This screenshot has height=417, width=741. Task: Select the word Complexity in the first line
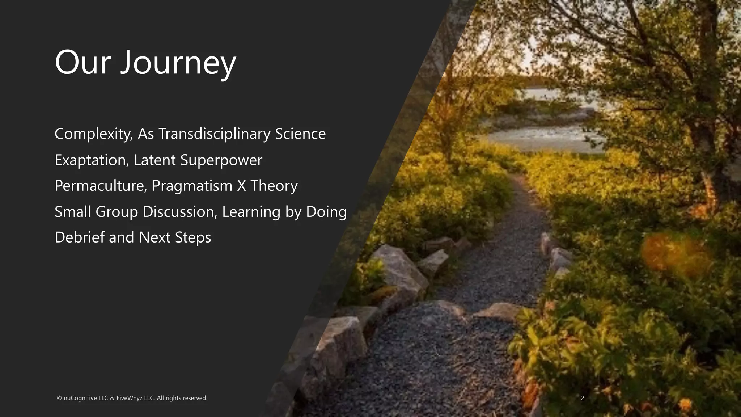coord(93,134)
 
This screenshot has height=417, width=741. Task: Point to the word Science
coord(300,134)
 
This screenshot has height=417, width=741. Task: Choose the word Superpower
coord(221,160)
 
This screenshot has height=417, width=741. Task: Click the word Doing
coord(326,212)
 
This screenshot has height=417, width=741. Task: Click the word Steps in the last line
coord(193,237)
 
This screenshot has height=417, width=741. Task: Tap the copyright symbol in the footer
coord(59,398)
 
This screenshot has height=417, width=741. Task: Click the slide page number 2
coord(583,398)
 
